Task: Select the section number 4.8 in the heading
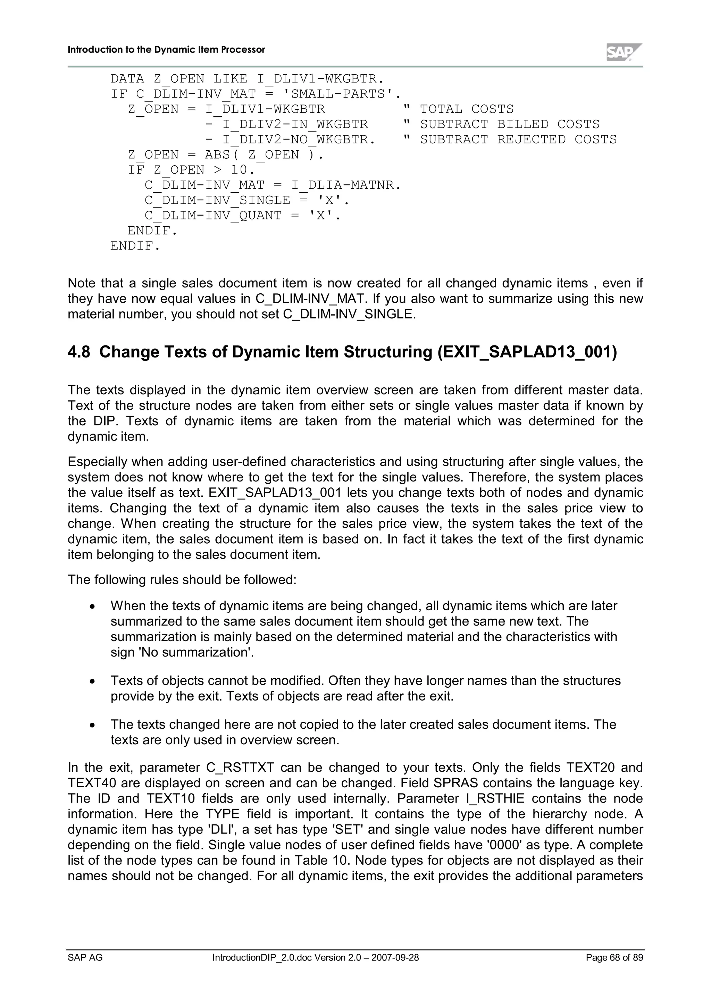point(79,352)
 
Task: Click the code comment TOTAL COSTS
point(466,109)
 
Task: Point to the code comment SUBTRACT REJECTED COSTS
point(518,139)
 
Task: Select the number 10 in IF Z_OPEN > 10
point(239,169)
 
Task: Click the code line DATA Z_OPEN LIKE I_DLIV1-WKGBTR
point(247,79)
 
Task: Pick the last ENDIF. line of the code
point(135,246)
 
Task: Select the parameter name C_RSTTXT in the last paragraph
point(240,768)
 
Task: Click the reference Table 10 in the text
point(321,860)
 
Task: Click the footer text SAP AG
point(85,957)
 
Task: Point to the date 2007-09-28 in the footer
point(395,957)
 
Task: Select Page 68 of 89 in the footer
point(614,957)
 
